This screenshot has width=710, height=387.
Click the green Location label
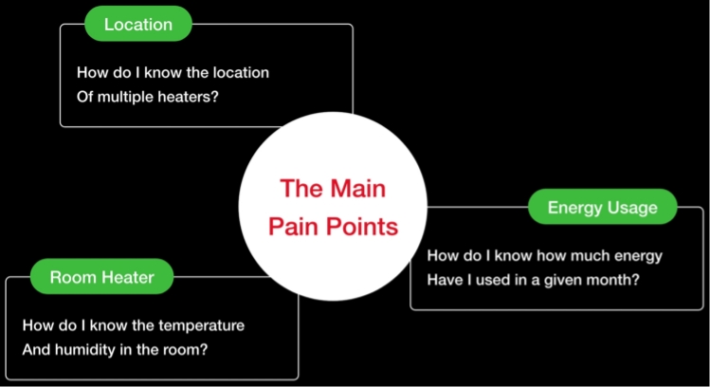(x=137, y=24)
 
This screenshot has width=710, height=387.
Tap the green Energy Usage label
(x=603, y=207)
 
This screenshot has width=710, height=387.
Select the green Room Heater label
(x=100, y=278)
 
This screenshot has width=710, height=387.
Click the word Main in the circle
(x=357, y=188)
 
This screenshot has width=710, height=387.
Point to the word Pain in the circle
(x=293, y=227)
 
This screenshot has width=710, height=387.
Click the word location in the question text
(x=237, y=72)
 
